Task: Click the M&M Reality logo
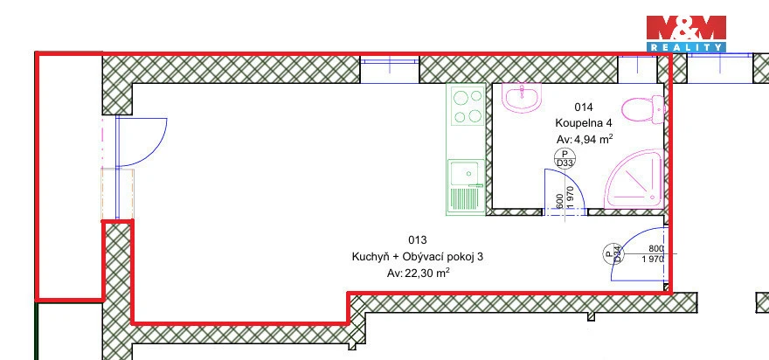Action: (686, 33)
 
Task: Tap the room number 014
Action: (584, 107)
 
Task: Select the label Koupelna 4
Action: (584, 122)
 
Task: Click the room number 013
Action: (418, 239)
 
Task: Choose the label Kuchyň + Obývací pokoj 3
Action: (418, 257)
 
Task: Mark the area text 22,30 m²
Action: (426, 273)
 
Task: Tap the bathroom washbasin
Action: (522, 97)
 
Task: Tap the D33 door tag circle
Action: (564, 158)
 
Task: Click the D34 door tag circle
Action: (613, 253)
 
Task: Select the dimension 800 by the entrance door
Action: (655, 249)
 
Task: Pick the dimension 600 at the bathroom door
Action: (559, 201)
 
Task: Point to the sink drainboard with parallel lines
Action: (464, 198)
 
